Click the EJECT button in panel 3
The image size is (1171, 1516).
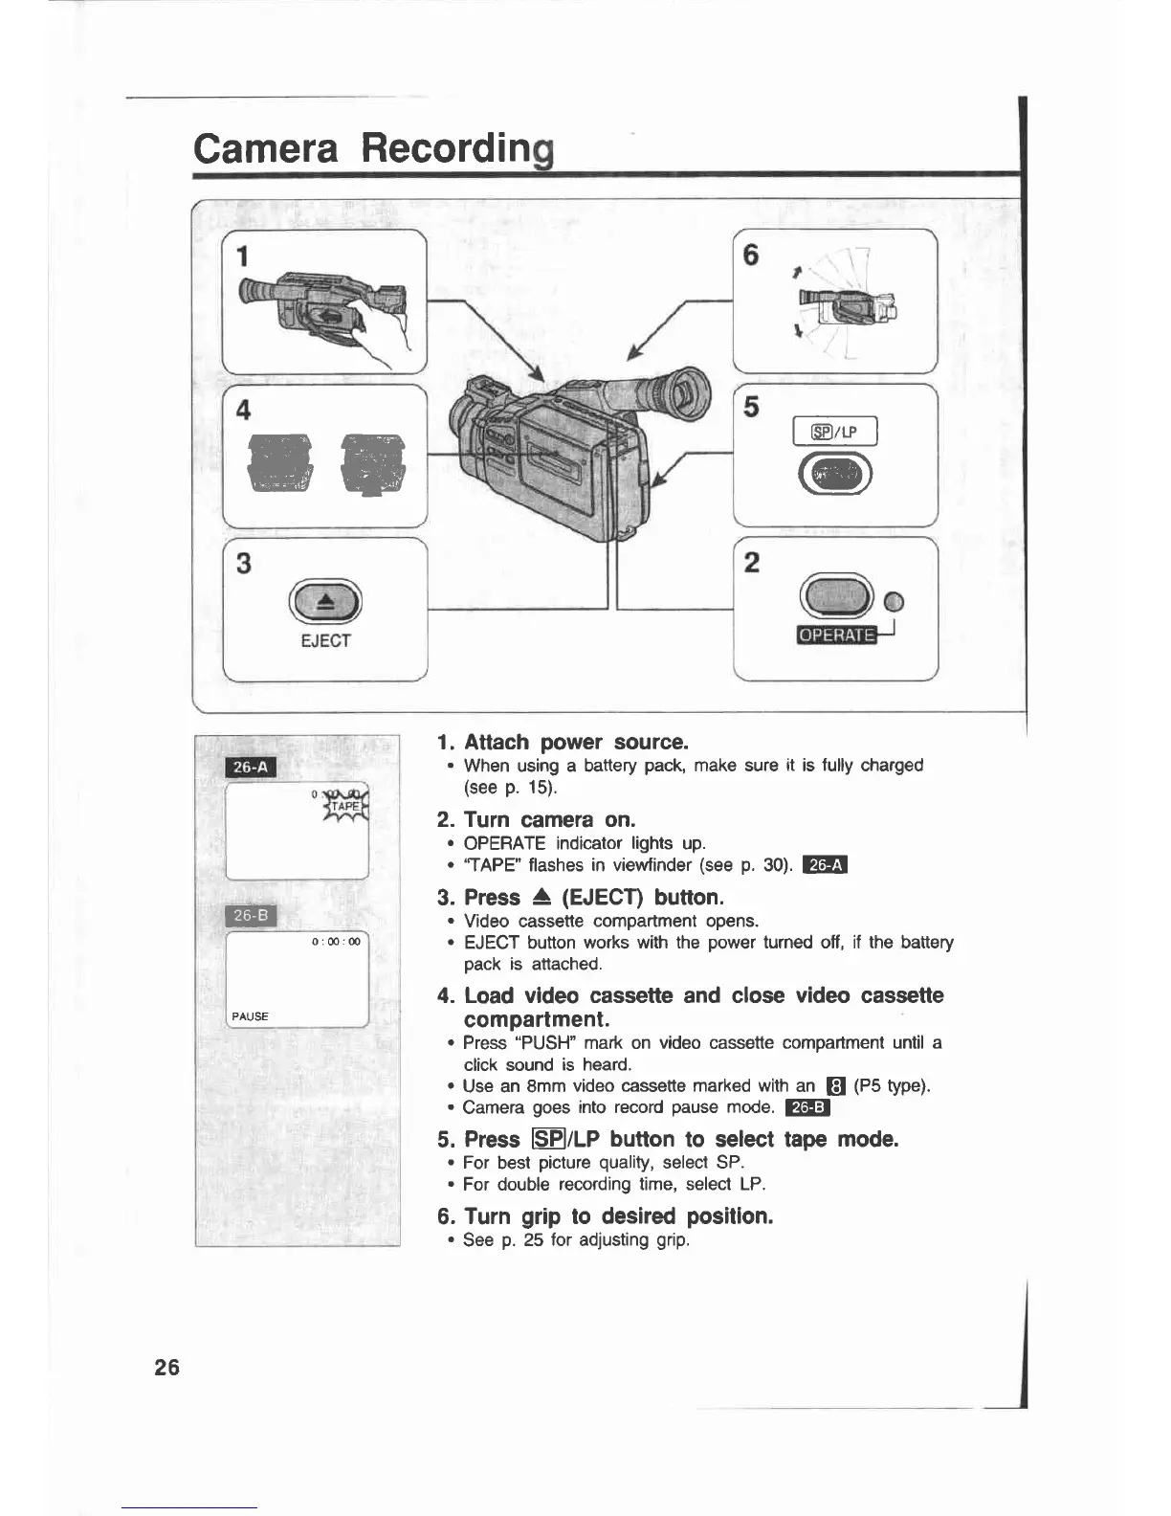pos(325,602)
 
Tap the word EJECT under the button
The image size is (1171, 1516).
pos(325,641)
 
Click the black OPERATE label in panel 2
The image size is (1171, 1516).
pos(836,635)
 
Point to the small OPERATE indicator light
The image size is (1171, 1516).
pos(895,602)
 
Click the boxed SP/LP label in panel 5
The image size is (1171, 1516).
pos(835,433)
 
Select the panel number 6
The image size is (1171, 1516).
pos(751,256)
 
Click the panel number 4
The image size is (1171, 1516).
pos(243,410)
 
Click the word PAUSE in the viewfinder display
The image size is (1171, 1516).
pos(250,1016)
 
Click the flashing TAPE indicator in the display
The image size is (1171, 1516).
pos(346,807)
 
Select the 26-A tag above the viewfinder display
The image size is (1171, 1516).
pos(250,768)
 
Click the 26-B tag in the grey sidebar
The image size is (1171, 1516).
pos(250,916)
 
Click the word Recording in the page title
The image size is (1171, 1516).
pos(458,149)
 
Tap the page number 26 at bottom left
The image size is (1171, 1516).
pos(166,1368)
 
